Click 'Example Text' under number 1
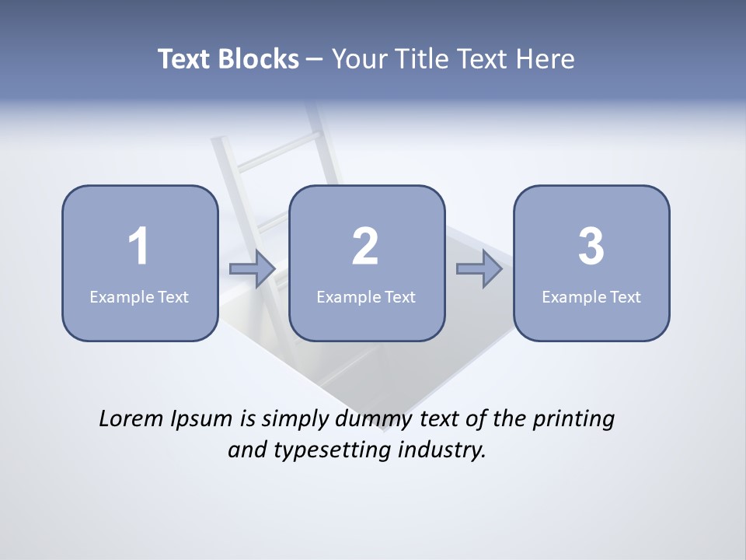click(x=139, y=296)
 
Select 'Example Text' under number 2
click(x=366, y=296)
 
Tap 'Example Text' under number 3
click(x=591, y=296)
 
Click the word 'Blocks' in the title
click(x=259, y=59)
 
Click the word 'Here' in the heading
click(x=546, y=59)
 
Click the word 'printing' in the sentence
click(x=573, y=420)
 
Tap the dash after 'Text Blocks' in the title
click(x=315, y=60)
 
